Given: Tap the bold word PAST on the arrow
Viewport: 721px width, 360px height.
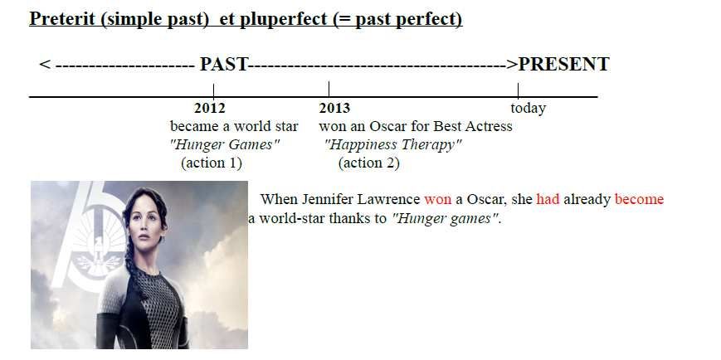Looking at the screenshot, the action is click(x=224, y=65).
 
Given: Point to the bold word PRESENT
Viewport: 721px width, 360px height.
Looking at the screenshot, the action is click(x=563, y=65).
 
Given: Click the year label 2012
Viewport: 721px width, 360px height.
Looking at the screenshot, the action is click(x=210, y=109).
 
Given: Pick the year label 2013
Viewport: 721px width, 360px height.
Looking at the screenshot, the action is click(x=334, y=109).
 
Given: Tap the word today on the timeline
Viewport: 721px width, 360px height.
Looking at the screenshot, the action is click(x=528, y=109).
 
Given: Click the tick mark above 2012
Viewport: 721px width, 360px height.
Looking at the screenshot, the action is click(x=213, y=90).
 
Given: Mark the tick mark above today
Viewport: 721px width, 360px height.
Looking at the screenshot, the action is click(x=518, y=90).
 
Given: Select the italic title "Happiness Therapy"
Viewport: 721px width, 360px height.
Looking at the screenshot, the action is click(x=392, y=145).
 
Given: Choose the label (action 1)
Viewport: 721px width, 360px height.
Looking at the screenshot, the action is click(x=212, y=163).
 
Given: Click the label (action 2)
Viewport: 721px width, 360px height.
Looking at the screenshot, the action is click(x=368, y=163).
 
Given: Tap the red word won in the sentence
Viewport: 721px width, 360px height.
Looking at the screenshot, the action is click(x=438, y=200).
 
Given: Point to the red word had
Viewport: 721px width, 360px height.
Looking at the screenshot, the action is click(x=548, y=199).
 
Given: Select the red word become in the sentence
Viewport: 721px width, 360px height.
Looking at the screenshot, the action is click(x=639, y=199).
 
